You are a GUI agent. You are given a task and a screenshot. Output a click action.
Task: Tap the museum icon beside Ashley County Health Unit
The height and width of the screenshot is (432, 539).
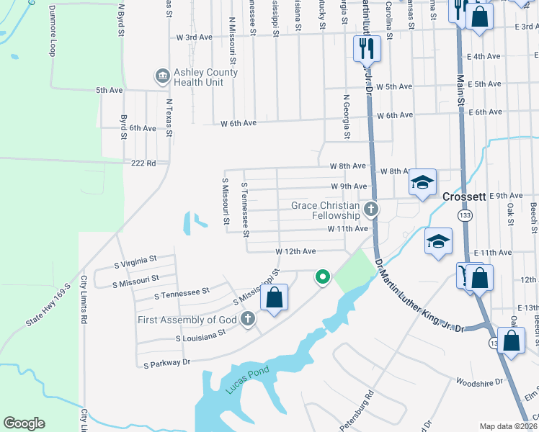click(x=162, y=75)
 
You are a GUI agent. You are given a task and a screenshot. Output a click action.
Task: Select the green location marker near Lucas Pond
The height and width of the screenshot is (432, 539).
click(x=323, y=276)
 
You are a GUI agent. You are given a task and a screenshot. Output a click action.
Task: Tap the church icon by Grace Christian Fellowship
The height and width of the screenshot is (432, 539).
click(x=371, y=210)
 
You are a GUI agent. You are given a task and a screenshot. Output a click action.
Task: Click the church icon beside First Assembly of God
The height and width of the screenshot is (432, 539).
click(x=248, y=319)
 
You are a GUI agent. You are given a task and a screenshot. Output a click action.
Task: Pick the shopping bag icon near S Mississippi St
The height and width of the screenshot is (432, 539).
click(x=274, y=298)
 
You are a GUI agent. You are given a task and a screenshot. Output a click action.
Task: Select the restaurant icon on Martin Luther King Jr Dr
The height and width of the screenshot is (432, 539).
click(x=366, y=48)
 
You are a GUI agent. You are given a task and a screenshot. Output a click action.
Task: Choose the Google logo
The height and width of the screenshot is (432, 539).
click(x=24, y=423)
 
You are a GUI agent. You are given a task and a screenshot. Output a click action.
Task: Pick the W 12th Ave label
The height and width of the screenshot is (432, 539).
click(x=296, y=251)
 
